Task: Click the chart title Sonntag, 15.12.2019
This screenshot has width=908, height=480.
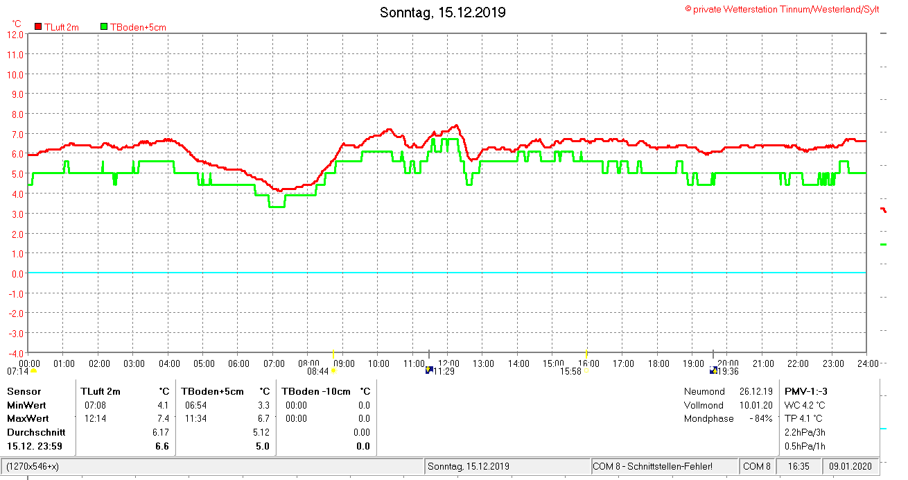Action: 443,12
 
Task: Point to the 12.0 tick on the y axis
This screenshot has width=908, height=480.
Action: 15,34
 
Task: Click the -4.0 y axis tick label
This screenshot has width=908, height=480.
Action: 15,333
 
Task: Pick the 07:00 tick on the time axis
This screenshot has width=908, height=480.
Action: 274,363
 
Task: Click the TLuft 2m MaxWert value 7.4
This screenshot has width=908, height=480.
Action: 162,419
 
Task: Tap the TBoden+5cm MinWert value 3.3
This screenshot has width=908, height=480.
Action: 263,405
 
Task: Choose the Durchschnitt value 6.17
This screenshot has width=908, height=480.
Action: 160,432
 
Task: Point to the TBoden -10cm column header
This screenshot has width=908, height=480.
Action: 316,391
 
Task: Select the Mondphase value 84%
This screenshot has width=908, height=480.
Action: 761,419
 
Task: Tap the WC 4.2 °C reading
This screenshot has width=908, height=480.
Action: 805,405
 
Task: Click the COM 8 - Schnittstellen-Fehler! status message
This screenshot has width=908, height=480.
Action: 652,466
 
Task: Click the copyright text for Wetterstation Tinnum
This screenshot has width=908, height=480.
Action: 783,9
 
